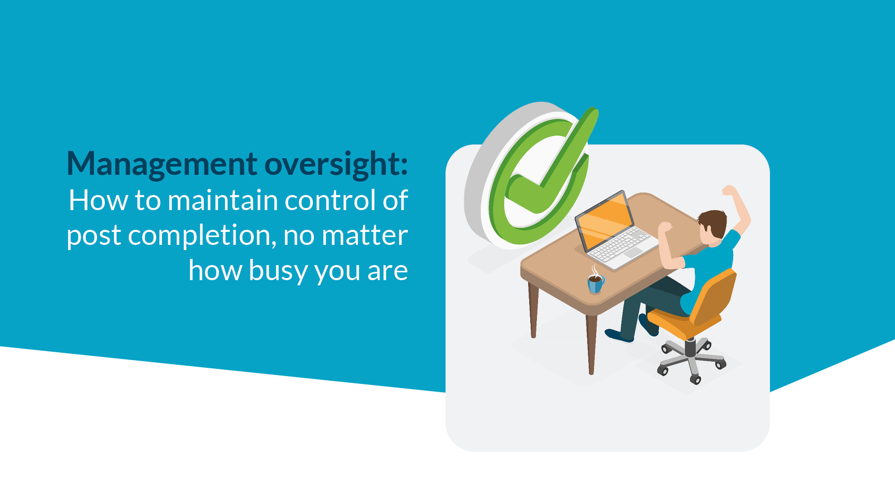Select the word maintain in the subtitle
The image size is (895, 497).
[223, 200]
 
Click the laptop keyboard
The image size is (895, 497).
[621, 244]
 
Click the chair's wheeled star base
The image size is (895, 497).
[692, 358]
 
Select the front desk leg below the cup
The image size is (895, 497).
[591, 343]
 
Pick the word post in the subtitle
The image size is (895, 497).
[93, 237]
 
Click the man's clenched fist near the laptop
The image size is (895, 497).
[665, 227]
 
